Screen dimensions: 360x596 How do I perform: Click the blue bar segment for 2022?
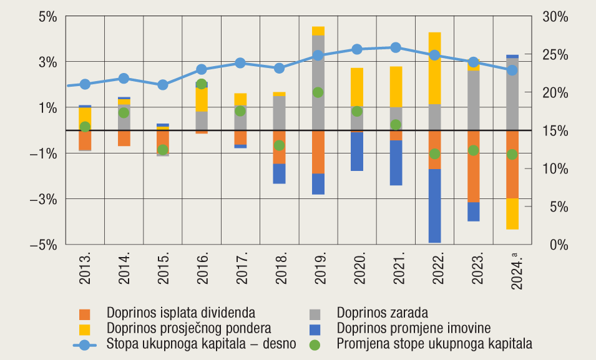pyautogui.click(x=434, y=206)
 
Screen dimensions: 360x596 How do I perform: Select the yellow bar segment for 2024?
pyautogui.click(x=512, y=213)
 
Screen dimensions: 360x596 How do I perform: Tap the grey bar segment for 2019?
pyautogui.click(x=318, y=69)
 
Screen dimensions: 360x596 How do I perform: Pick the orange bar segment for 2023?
pyautogui.click(x=474, y=166)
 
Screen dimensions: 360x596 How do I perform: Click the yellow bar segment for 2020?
pyautogui.click(x=357, y=87)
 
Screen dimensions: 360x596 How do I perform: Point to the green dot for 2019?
pyautogui.click(x=318, y=92)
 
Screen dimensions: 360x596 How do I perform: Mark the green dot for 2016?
pyautogui.click(x=201, y=84)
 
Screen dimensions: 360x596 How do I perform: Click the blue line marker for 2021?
pyautogui.click(x=396, y=47)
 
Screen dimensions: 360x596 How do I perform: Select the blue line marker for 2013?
pyautogui.click(x=85, y=84)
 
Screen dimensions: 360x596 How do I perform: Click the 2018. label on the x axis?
pyautogui.click(x=280, y=269)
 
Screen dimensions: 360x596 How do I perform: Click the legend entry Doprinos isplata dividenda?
pyautogui.click(x=181, y=312)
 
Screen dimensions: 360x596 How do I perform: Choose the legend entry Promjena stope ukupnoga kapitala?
pyautogui.click(x=434, y=343)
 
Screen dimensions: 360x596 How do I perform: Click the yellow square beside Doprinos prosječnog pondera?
pyautogui.click(x=85, y=328)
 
